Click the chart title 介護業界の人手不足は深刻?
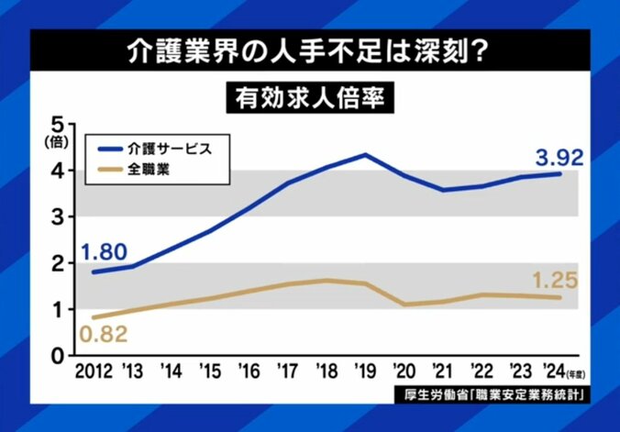point(309,51)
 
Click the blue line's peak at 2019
point(365,154)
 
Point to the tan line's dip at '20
point(404,304)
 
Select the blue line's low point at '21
point(444,190)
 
